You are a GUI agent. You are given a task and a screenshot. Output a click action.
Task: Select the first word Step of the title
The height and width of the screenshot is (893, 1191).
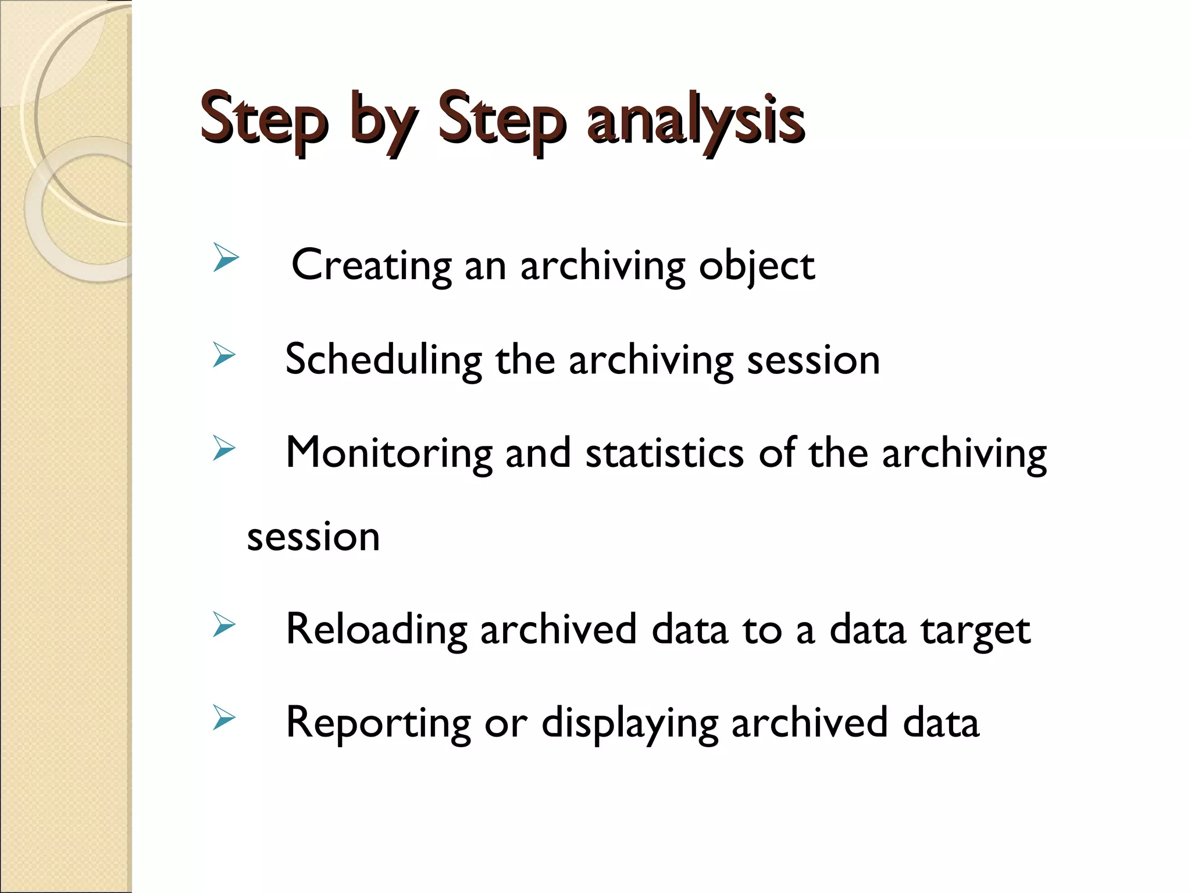(265, 120)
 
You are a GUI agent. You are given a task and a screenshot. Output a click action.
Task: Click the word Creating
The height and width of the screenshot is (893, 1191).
(371, 265)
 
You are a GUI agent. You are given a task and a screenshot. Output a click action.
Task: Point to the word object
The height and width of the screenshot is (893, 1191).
(757, 266)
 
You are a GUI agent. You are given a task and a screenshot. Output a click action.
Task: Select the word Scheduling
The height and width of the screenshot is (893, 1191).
(383, 360)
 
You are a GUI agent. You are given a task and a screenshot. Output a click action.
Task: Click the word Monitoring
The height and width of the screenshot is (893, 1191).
(388, 453)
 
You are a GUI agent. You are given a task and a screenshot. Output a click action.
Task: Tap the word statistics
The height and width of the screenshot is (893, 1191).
(664, 453)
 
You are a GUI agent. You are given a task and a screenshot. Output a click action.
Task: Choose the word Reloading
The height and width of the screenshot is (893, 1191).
(376, 630)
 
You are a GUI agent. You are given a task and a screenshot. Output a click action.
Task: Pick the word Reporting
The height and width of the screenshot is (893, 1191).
(378, 723)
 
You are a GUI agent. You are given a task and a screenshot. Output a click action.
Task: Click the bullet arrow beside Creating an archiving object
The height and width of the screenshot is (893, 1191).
(226, 258)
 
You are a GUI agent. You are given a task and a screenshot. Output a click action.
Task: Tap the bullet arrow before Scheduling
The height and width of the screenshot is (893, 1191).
(224, 355)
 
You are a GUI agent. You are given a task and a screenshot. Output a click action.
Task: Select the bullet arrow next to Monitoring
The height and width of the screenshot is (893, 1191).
(224, 448)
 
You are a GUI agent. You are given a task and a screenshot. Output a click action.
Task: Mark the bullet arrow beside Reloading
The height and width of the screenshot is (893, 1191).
(224, 624)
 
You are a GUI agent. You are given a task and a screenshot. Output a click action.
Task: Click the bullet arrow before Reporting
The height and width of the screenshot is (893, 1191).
(224, 717)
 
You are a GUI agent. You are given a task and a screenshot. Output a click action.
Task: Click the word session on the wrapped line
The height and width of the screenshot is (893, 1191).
(313, 537)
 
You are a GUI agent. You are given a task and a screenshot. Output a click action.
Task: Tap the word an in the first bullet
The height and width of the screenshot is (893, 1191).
(486, 266)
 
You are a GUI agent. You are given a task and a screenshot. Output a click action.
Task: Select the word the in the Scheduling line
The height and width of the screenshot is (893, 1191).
(525, 360)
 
